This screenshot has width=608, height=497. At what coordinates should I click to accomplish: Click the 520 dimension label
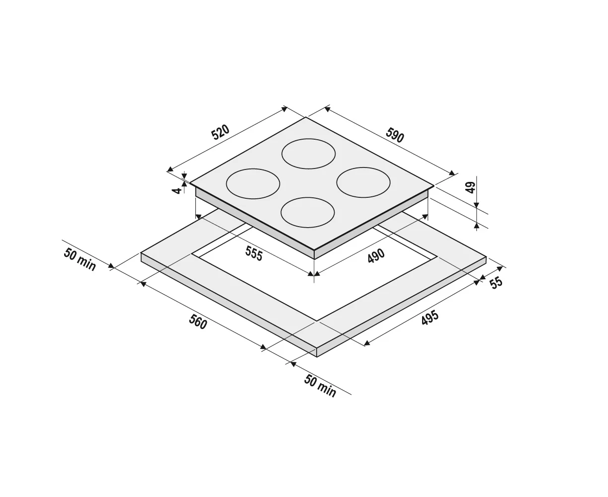point(220,132)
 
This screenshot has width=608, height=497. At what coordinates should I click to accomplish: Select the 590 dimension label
point(395,135)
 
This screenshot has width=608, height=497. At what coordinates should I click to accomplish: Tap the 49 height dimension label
point(470,187)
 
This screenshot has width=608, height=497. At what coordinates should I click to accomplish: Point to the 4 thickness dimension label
point(176,190)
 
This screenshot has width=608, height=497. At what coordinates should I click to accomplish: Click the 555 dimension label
point(254,253)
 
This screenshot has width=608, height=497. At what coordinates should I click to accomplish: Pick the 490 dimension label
point(376,256)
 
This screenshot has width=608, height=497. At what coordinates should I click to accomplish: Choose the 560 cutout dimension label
point(198,322)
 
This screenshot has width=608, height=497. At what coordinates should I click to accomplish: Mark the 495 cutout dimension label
point(430,318)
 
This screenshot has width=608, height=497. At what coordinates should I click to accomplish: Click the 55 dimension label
point(496,283)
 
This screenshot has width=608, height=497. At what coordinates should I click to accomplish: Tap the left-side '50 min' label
point(80,259)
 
